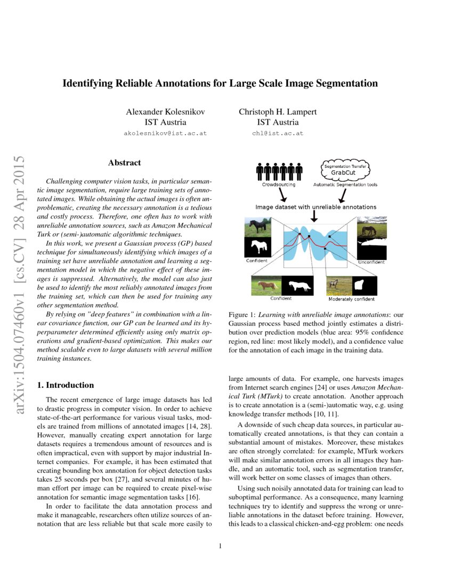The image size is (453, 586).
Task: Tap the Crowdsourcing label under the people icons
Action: point(279,185)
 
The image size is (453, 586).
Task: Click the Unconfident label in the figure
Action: point(370,262)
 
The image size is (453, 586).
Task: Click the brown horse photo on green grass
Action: point(266,285)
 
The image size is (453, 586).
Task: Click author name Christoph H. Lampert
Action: point(278,112)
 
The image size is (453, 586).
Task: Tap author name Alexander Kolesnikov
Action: point(165,112)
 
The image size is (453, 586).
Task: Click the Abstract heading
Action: point(124,162)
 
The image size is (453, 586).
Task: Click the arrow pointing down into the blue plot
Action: point(314,215)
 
